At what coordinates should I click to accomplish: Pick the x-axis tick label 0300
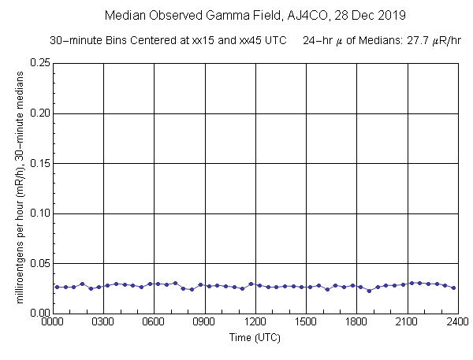tap(103, 322)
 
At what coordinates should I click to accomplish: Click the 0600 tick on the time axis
tap(154, 322)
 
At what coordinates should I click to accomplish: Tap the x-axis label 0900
tap(205, 322)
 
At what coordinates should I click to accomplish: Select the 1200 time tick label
tap(255, 322)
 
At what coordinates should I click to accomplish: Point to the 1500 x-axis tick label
tap(306, 322)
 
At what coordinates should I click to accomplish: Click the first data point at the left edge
tap(57, 287)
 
